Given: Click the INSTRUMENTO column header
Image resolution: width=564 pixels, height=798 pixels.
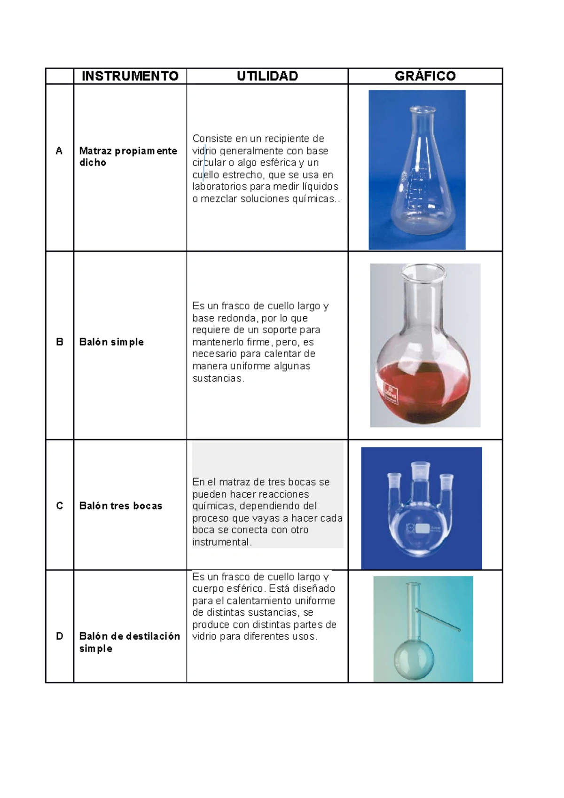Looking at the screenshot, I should (130, 76).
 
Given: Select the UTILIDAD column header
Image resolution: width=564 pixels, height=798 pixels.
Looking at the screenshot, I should (267, 76).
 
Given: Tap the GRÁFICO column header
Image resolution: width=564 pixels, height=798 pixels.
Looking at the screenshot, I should (425, 76).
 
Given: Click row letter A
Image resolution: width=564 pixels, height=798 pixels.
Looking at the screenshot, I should (59, 151).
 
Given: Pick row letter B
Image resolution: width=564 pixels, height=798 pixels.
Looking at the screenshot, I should (59, 342).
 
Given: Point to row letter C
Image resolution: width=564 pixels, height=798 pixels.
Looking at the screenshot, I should (59, 506).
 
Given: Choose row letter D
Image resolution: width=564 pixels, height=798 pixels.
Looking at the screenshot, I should (59, 636).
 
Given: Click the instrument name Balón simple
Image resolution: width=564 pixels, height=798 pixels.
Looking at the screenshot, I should (111, 342).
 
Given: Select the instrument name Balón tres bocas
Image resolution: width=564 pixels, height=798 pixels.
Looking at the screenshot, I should (121, 506).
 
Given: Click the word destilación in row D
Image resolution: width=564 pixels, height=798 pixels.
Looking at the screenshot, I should (152, 636).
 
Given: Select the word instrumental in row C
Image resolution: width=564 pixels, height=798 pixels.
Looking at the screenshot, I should (221, 542).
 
